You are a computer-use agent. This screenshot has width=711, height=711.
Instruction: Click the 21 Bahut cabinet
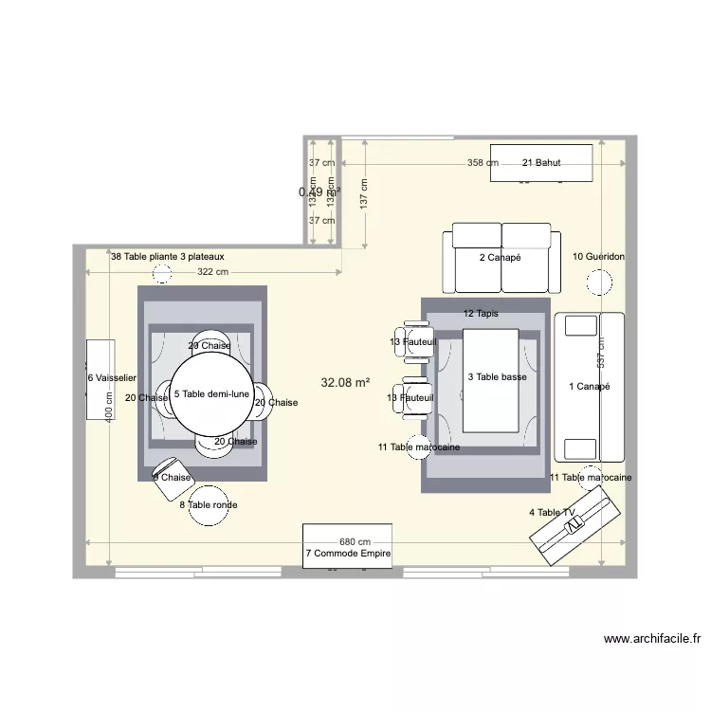(541, 163)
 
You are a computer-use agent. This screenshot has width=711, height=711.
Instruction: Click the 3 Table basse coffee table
(491, 377)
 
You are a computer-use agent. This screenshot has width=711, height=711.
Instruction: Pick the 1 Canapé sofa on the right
(590, 386)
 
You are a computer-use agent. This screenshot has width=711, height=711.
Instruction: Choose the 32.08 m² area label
(345, 383)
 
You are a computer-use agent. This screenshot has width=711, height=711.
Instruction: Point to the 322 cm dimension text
(213, 272)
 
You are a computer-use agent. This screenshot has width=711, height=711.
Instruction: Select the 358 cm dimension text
(483, 163)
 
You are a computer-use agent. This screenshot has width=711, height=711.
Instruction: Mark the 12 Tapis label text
(481, 313)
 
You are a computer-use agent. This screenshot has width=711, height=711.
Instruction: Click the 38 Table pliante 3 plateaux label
(168, 257)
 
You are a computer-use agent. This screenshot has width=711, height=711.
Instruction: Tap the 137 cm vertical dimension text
(362, 196)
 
